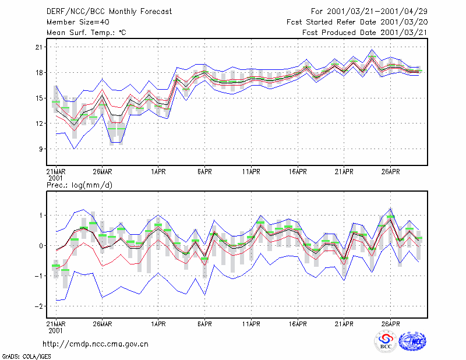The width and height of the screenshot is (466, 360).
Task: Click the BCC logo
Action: [x=386, y=341]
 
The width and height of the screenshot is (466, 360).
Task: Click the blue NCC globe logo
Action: [x=412, y=341]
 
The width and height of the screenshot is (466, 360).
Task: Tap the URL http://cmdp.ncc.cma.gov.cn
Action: [x=96, y=344]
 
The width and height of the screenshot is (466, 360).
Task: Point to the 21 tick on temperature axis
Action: [x=39, y=47]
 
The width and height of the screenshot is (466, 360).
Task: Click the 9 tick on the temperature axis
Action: [x=41, y=149]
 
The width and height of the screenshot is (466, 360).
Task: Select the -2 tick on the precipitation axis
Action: [x=38, y=306]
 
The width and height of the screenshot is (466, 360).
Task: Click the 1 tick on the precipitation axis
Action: [x=41, y=215]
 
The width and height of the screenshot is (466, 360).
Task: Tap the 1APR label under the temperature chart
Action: [x=158, y=171]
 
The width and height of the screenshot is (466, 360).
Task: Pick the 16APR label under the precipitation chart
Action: [x=298, y=324]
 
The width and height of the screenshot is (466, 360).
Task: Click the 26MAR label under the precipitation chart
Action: [x=103, y=324]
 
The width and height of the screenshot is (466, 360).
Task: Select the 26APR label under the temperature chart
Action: [x=390, y=171]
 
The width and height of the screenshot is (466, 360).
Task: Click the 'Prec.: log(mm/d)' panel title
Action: [x=79, y=185]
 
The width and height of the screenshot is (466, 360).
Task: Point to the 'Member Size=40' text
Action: [x=78, y=22]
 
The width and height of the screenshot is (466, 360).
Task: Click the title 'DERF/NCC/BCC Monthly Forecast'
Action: [x=109, y=12]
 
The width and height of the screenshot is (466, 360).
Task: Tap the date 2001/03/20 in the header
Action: [x=404, y=22]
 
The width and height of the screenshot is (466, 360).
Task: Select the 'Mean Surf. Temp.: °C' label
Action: [x=86, y=33]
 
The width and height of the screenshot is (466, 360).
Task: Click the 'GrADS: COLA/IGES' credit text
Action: [x=27, y=357]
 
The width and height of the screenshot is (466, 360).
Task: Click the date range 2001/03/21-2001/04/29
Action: [x=377, y=12]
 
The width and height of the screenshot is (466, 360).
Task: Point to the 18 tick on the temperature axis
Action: [x=39, y=73]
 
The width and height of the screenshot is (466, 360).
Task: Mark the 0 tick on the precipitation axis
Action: [x=41, y=246]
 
